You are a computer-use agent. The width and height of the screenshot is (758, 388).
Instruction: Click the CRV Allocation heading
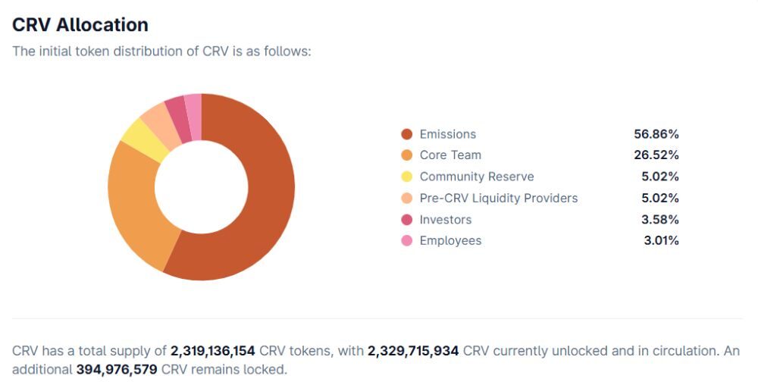pyautogui.click(x=80, y=24)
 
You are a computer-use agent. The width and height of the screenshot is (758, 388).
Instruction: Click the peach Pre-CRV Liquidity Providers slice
pyautogui.click(x=156, y=118)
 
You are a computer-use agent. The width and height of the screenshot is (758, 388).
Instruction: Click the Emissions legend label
pyautogui.click(x=447, y=134)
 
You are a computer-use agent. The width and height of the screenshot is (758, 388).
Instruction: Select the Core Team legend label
pyautogui.click(x=450, y=155)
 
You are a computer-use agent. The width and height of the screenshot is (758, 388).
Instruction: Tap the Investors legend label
pyautogui.click(x=445, y=220)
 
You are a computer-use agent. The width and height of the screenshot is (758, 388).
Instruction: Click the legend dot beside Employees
pyautogui.click(x=406, y=241)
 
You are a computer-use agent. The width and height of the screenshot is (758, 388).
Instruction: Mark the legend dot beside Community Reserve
pyautogui.click(x=406, y=177)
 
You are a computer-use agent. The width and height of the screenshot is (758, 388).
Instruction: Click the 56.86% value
pyautogui.click(x=656, y=134)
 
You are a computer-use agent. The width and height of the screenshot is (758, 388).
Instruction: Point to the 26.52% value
pyautogui.click(x=656, y=155)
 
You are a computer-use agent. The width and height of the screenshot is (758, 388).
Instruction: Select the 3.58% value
pyautogui.click(x=659, y=220)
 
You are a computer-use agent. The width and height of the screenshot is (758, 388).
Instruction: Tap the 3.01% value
pyautogui.click(x=659, y=241)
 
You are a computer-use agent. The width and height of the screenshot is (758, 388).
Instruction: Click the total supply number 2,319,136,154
pyautogui.click(x=212, y=352)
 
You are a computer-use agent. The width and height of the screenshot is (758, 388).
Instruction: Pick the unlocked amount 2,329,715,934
pyautogui.click(x=413, y=352)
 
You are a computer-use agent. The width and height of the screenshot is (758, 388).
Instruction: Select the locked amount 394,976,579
pyautogui.click(x=117, y=370)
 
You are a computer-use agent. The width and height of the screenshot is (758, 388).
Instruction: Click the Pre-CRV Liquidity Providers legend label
pyautogui.click(x=498, y=199)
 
